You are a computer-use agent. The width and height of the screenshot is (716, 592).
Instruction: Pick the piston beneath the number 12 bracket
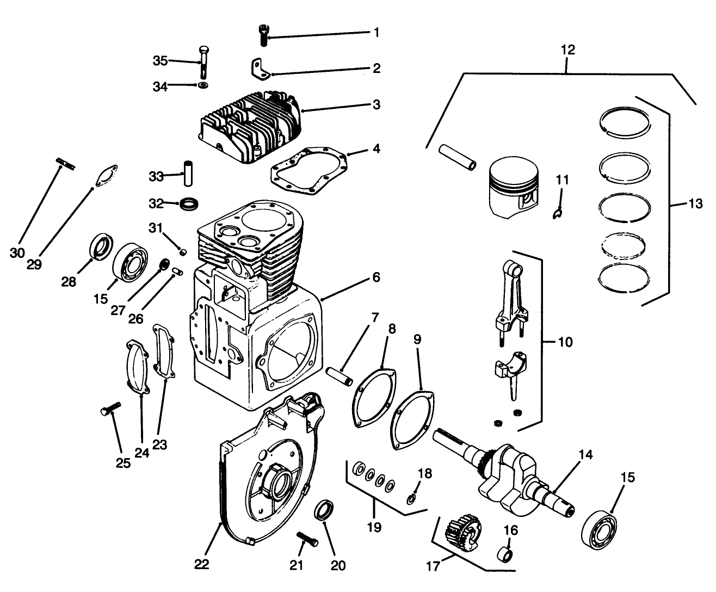514,185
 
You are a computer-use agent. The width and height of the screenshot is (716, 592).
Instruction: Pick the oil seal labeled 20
324,510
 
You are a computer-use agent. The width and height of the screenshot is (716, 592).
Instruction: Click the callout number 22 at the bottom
201,564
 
